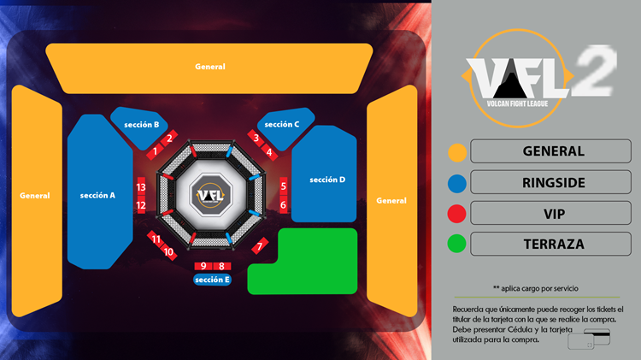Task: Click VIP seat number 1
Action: click(x=155, y=151)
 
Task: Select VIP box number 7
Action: click(x=259, y=247)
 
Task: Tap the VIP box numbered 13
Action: click(x=141, y=187)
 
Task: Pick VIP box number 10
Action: click(x=169, y=251)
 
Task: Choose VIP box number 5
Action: click(x=283, y=186)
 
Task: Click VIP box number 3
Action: click(x=256, y=138)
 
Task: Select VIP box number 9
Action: click(x=204, y=266)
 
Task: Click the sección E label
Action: click(x=212, y=280)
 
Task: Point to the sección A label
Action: click(x=97, y=195)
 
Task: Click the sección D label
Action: click(x=327, y=180)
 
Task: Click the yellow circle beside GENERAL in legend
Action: click(x=458, y=152)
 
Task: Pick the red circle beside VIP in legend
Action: click(x=458, y=213)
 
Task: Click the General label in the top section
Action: click(x=210, y=67)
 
